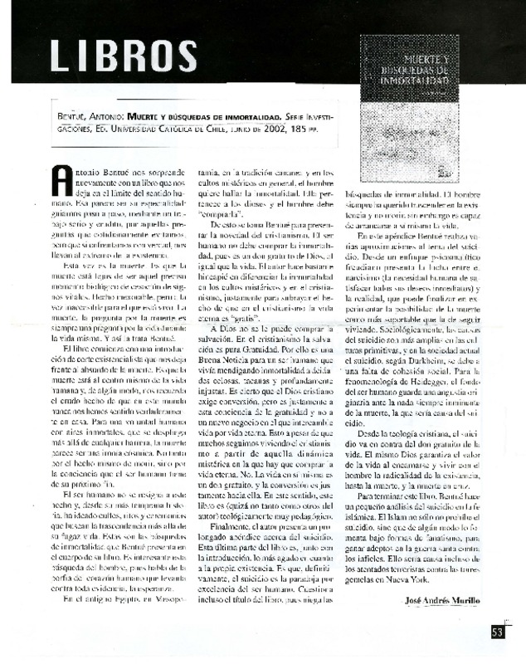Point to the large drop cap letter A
pos(62,182)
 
